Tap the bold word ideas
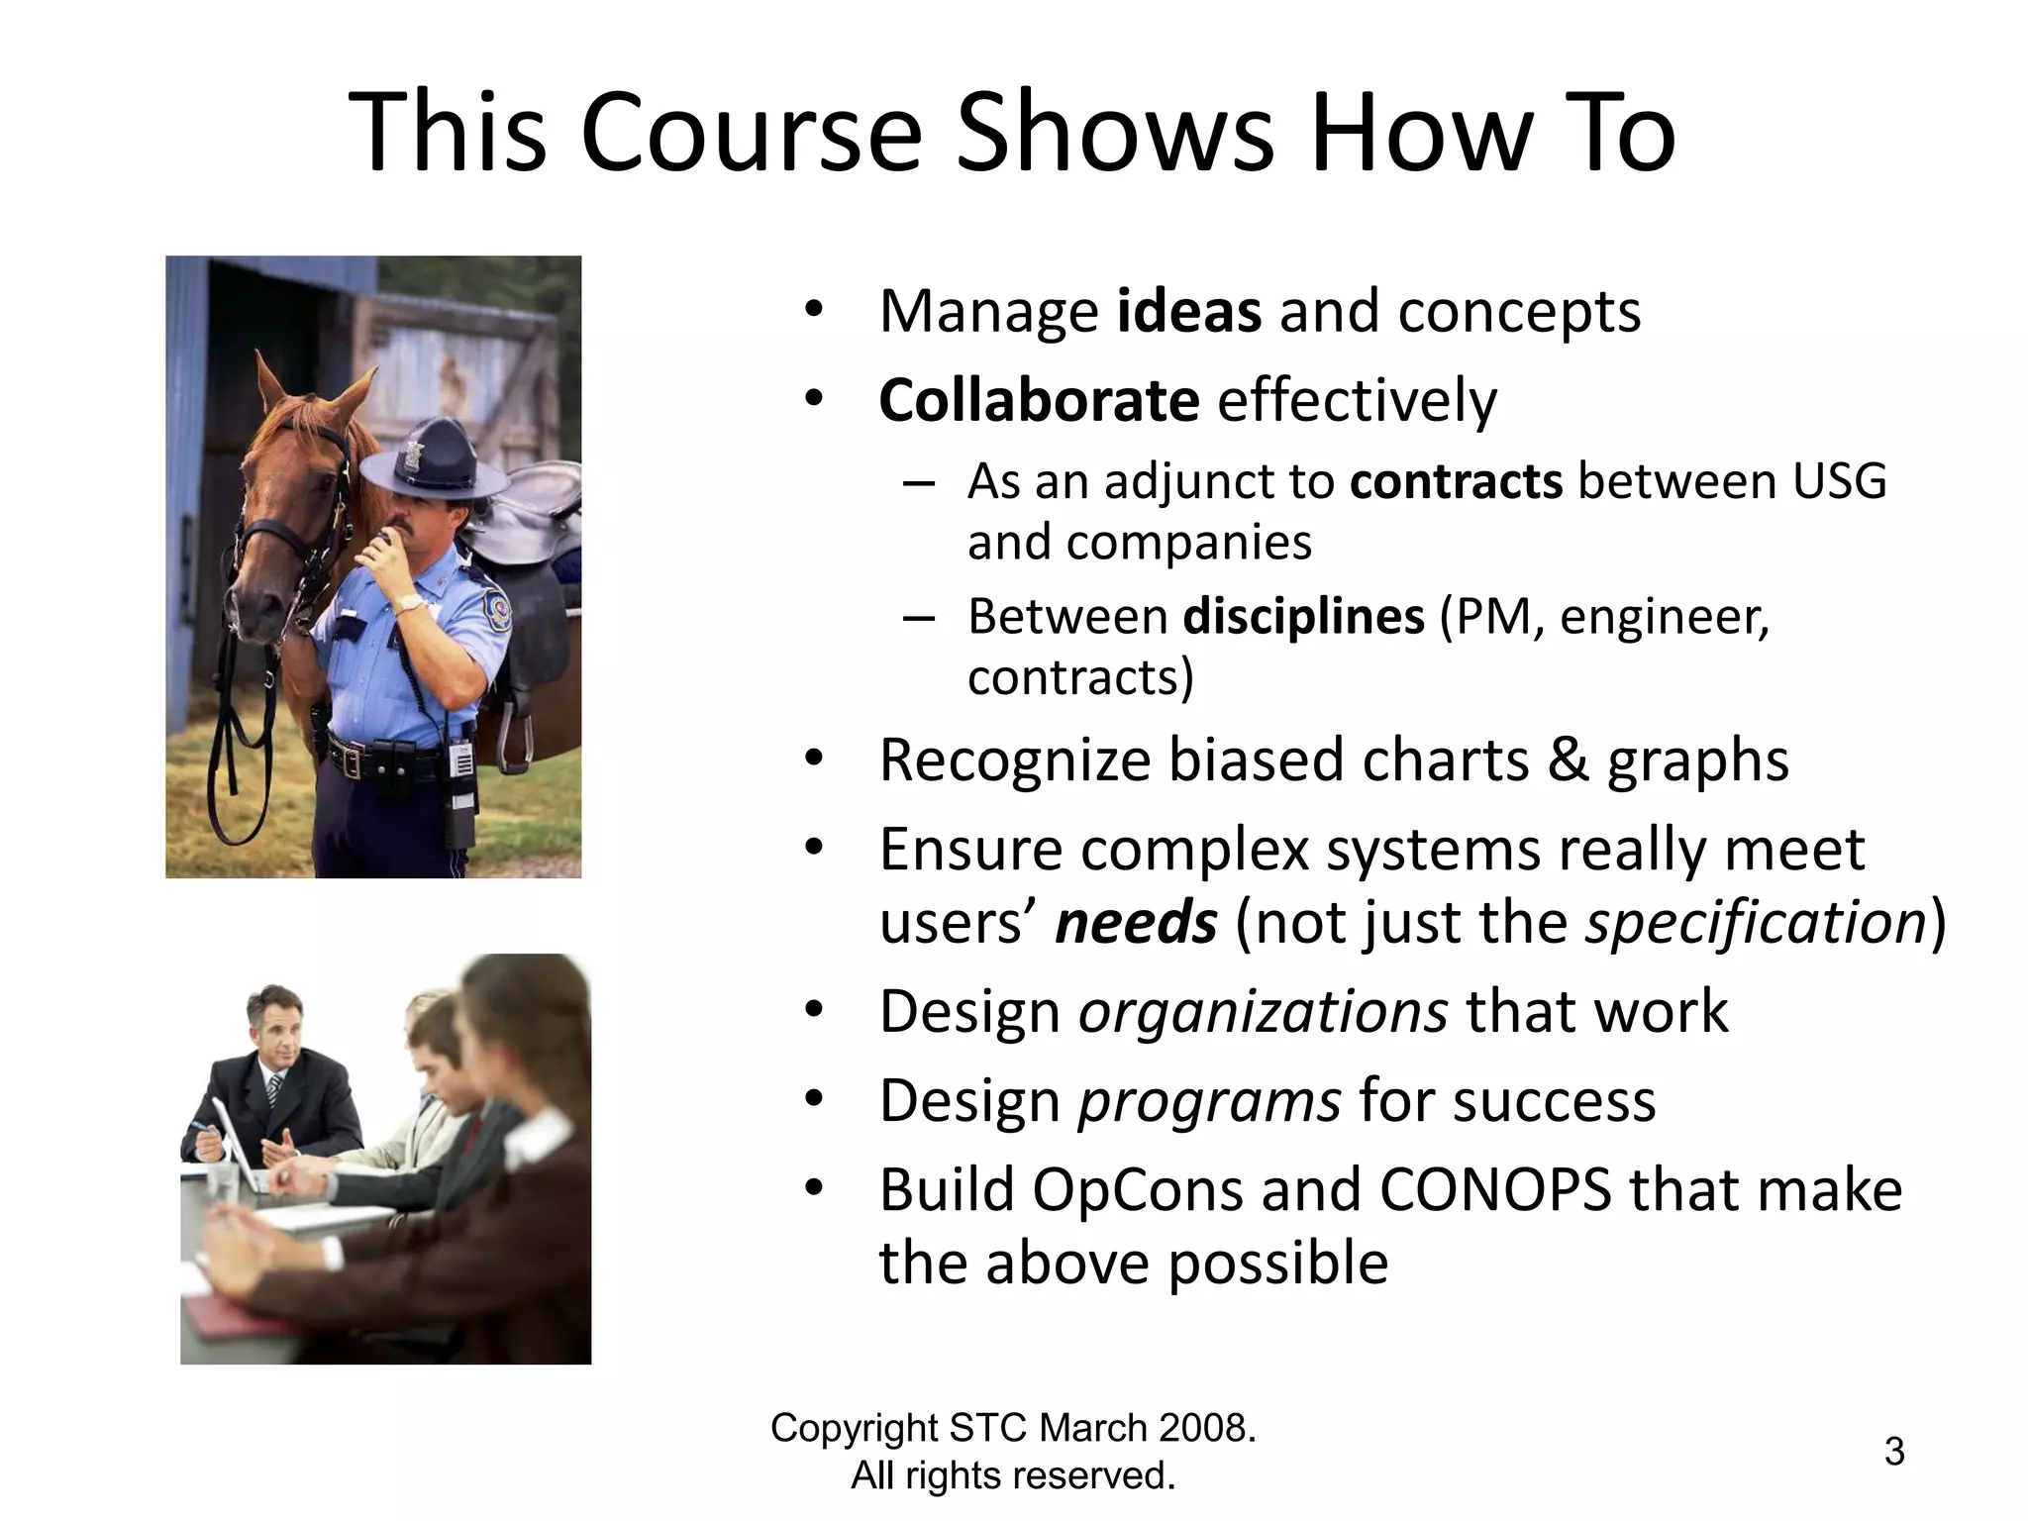point(1188,311)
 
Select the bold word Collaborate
point(1039,400)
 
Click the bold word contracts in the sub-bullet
point(1456,481)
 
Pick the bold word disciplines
point(1303,616)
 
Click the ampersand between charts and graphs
point(1567,760)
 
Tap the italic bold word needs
point(1136,923)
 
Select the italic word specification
point(1755,923)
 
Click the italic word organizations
point(1263,1012)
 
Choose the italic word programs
point(1209,1101)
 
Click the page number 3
point(1893,1452)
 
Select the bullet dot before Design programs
point(814,1099)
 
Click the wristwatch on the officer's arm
point(407,603)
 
